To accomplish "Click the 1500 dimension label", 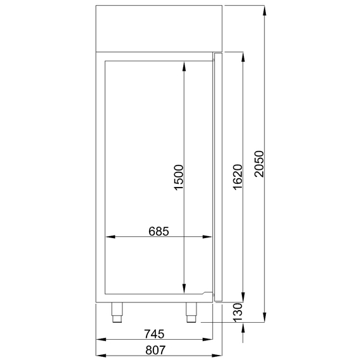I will (x=178, y=178).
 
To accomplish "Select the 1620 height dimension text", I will (x=237, y=178).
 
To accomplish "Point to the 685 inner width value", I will (x=159, y=231).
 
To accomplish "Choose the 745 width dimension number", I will (x=154, y=333).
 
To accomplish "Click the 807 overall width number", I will (x=154, y=349).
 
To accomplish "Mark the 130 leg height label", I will (x=237, y=313).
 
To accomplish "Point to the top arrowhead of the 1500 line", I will (x=184, y=64).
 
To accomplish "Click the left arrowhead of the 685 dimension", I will (x=109, y=237).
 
